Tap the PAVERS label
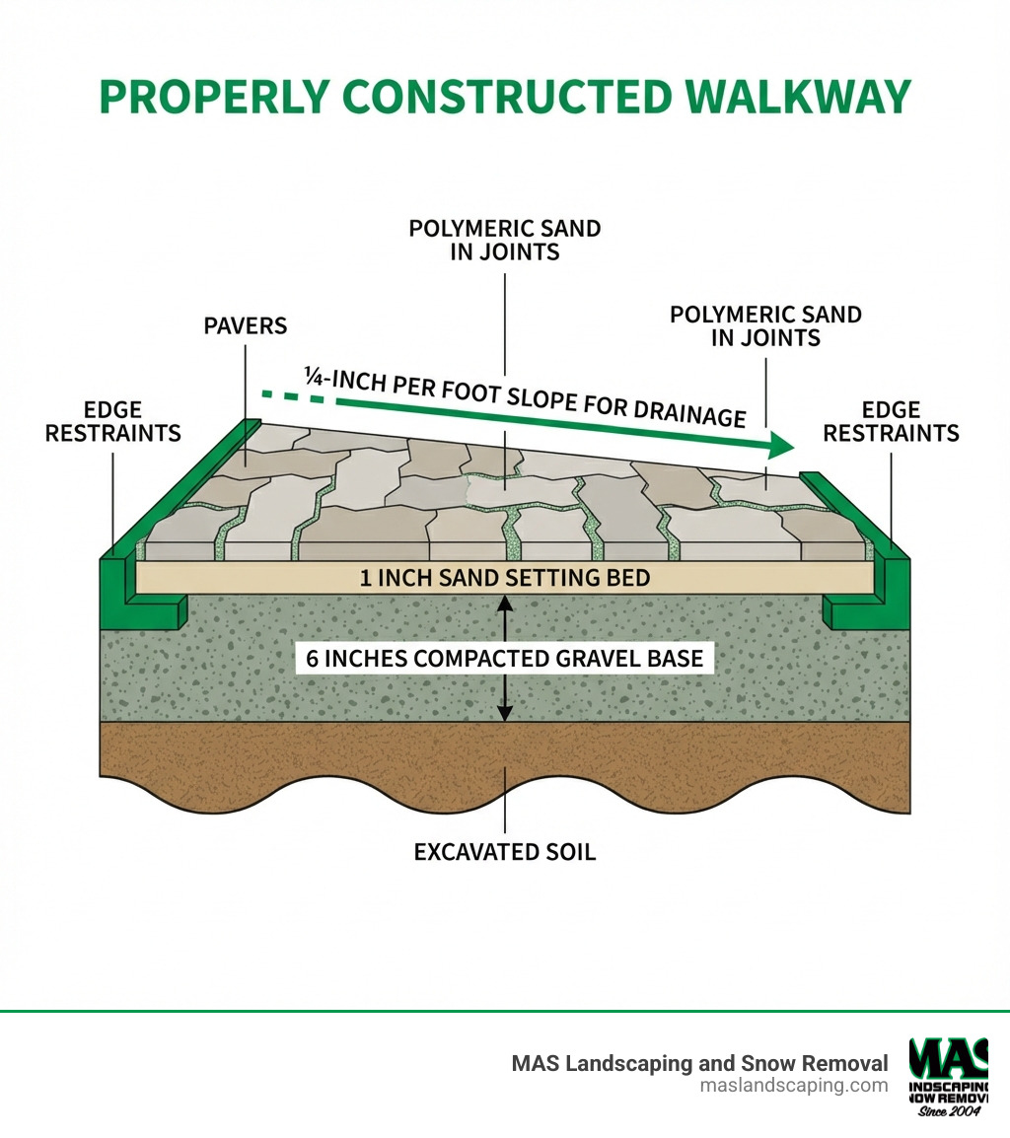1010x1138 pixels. click(246, 324)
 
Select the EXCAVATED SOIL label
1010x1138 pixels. click(505, 851)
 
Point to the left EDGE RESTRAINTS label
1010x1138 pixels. click(112, 421)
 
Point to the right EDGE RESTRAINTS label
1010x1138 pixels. click(891, 421)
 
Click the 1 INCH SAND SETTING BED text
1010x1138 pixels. click(504, 578)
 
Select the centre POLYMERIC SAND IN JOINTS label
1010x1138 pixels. click(505, 240)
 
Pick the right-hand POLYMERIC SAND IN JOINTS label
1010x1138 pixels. click(765, 326)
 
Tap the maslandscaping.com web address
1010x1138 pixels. click(793, 1086)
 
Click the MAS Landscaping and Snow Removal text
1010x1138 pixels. click(699, 1063)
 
